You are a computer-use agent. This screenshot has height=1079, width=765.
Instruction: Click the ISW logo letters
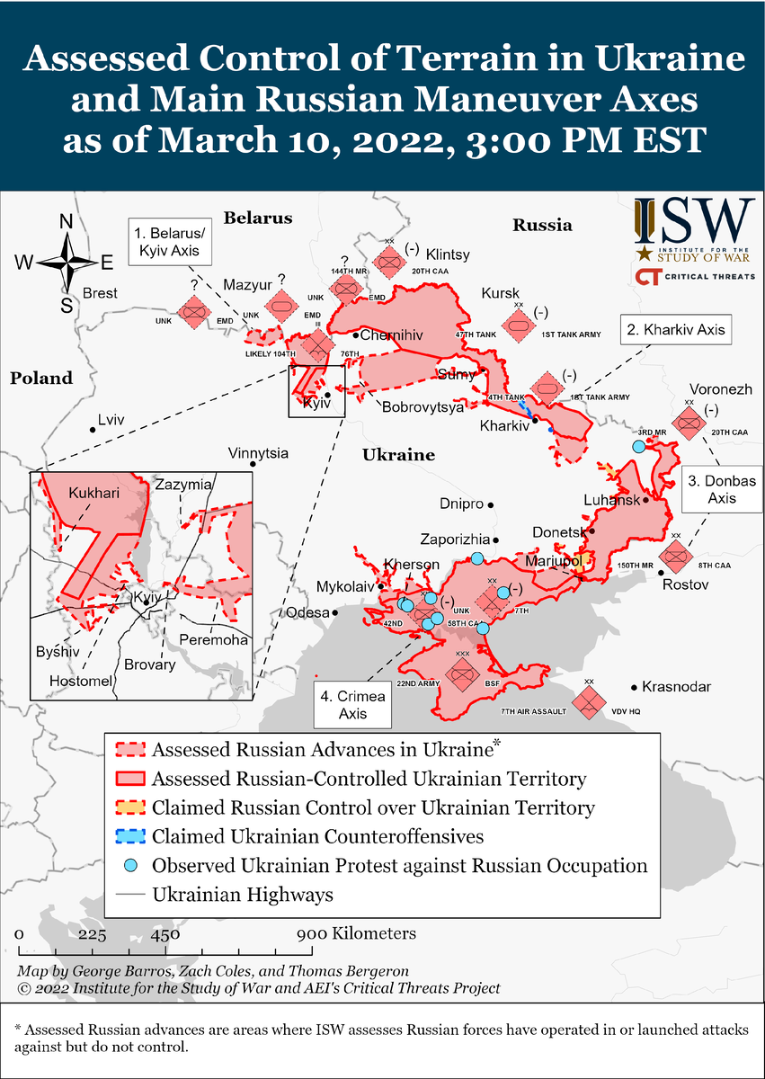click(x=694, y=218)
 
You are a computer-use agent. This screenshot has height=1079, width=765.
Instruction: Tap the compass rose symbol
click(x=67, y=262)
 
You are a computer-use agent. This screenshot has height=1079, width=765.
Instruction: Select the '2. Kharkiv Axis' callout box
click(x=673, y=330)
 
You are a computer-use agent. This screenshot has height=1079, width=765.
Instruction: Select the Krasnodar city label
click(x=676, y=687)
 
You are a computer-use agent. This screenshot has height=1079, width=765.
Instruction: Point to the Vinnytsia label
click(x=258, y=453)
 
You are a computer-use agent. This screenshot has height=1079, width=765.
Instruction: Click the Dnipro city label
click(x=462, y=504)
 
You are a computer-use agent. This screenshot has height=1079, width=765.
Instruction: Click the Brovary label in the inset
click(x=149, y=665)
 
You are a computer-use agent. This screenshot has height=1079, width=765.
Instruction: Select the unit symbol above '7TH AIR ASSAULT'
click(x=589, y=700)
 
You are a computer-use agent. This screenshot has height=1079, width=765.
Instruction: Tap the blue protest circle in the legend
click(x=130, y=866)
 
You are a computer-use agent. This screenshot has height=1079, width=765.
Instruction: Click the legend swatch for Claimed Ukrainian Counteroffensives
click(x=130, y=837)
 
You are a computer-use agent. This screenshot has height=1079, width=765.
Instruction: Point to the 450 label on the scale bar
click(x=165, y=933)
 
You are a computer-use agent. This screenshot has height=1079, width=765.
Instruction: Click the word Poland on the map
click(x=41, y=379)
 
